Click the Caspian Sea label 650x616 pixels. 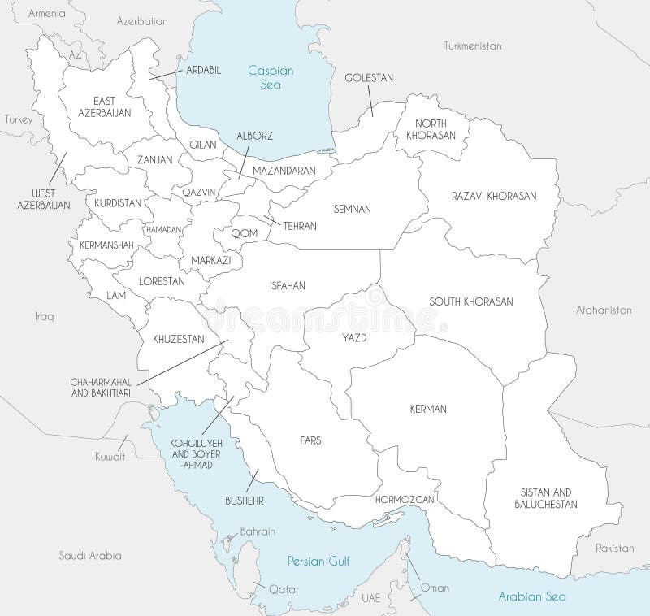pos(271,77)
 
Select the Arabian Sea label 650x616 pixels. pos(532,596)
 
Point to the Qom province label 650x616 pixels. pos(244,233)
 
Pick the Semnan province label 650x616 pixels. pos(352,209)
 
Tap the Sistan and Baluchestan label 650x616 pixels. pos(545,498)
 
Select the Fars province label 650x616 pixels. pos(310,440)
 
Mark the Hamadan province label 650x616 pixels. pos(163,230)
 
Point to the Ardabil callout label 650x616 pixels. pos(203,70)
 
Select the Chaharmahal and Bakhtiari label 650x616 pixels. pos(102,386)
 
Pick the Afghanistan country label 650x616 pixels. pos(603,310)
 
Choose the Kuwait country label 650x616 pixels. pos(109,457)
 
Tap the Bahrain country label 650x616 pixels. pos(257,531)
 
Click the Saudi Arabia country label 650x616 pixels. pos(89,556)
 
